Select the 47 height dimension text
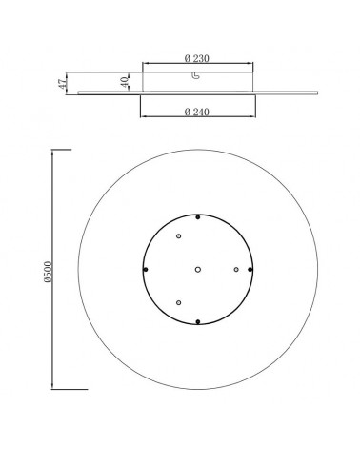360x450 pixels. [60, 83]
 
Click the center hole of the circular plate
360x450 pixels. [197, 270]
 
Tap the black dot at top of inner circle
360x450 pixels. [197, 216]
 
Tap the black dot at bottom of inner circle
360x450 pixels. [197, 324]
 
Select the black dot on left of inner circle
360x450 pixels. [144, 270]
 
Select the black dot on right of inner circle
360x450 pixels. [250, 270]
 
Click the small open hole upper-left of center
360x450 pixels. [178, 236]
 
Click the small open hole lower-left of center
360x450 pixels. [178, 302]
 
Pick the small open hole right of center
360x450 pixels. [235, 270]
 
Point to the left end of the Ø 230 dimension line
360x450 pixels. [142, 66]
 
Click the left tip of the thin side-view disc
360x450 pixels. [77, 92]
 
